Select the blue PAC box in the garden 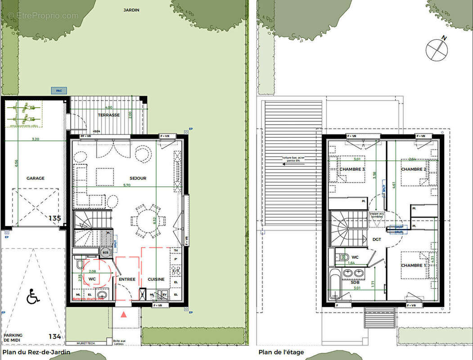[x=59, y=90]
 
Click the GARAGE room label [x=35, y=178]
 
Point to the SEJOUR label [x=138, y=178]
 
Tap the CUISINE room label [x=156, y=279]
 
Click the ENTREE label [x=127, y=279]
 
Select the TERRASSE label [x=109, y=115]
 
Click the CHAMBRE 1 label [x=414, y=265]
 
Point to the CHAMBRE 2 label [x=413, y=169]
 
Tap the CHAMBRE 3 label [x=352, y=169]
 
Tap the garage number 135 [x=54, y=218]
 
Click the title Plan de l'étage [x=281, y=352]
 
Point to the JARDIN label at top [x=131, y=9]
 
